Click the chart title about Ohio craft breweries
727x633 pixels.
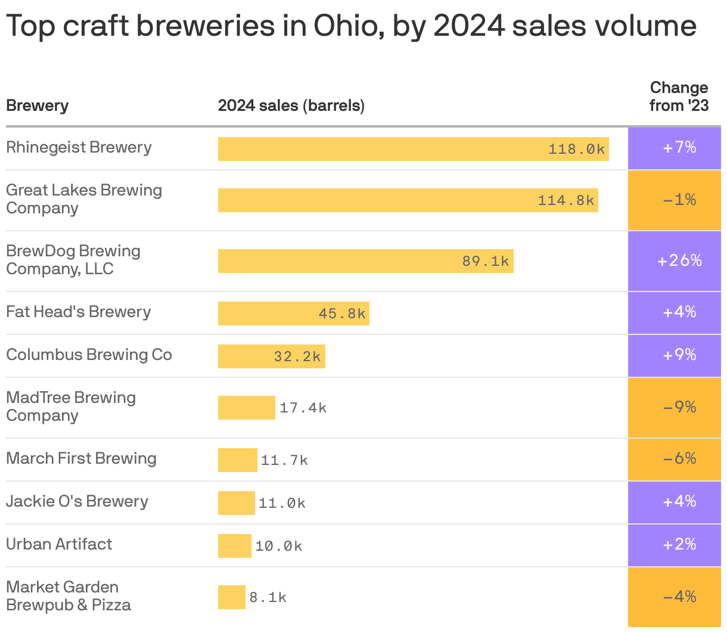[x=351, y=26]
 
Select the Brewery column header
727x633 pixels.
[x=37, y=106]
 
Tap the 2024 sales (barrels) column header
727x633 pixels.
[x=291, y=106]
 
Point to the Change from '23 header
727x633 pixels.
[x=679, y=97]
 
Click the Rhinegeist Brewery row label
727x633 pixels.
[x=79, y=147]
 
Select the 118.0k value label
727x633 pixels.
[x=576, y=149]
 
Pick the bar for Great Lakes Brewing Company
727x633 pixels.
[x=408, y=200]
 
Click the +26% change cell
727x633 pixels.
[x=679, y=260]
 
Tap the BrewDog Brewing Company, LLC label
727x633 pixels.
[x=73, y=260]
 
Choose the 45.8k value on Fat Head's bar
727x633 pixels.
[x=342, y=314]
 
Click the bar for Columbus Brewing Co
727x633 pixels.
[x=271, y=356]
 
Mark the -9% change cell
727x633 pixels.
[x=679, y=407]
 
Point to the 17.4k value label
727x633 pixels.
[x=303, y=408]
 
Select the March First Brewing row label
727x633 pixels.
[x=81, y=458]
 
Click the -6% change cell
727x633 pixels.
[x=679, y=458]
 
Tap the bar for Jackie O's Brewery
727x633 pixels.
[x=236, y=503]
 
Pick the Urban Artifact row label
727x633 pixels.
[x=59, y=544]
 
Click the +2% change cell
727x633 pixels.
[x=679, y=544]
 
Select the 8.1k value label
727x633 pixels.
[x=268, y=597]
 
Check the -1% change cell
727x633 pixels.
[x=679, y=200]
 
